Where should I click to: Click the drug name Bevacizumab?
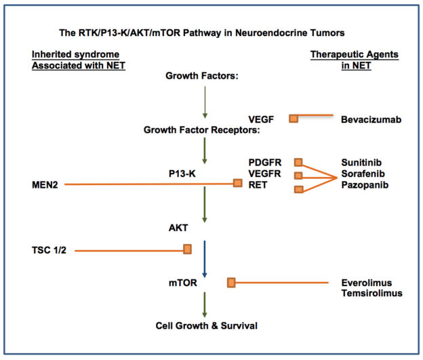click(371, 119)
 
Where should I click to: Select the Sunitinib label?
click(361, 163)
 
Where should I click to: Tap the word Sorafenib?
click(363, 174)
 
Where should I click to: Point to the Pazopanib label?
click(365, 185)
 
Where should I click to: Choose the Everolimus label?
click(366, 283)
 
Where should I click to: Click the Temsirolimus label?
click(371, 293)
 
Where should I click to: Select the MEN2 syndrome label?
click(45, 185)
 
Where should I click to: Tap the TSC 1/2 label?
click(49, 250)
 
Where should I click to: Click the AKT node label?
click(178, 228)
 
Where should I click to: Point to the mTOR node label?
click(182, 283)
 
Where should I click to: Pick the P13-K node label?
click(182, 174)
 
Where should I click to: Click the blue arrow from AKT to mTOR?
click(205, 259)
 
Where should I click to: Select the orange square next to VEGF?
click(294, 119)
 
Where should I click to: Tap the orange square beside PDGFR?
click(298, 162)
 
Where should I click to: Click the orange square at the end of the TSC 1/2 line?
click(187, 249)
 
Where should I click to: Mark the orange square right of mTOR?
click(231, 283)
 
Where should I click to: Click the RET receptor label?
click(258, 185)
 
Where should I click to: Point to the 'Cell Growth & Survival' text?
click(206, 325)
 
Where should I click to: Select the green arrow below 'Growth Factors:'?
click(205, 102)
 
